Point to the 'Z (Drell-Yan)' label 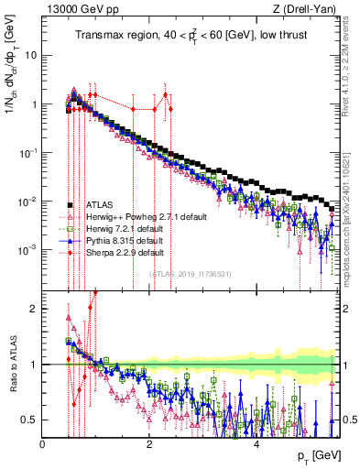coord(309,9)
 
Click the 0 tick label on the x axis coord(43,444)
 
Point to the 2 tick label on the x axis coord(150,444)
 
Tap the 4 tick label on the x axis coord(257,444)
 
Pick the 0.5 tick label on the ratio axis coord(28,420)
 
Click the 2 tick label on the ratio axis coord(33,309)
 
